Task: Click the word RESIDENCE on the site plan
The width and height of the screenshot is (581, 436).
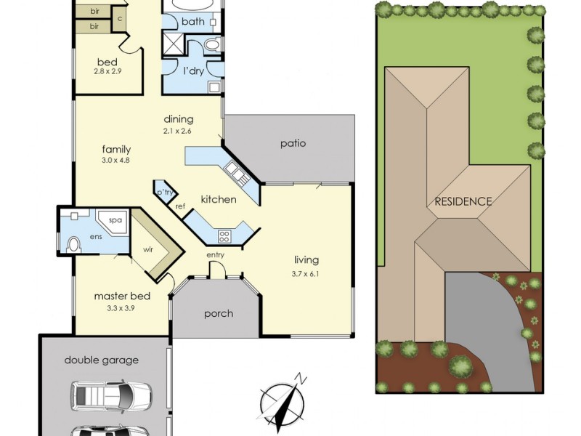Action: pyautogui.click(x=463, y=202)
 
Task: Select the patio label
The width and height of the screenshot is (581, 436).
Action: pyautogui.click(x=293, y=143)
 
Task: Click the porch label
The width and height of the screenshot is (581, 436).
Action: pyautogui.click(x=219, y=314)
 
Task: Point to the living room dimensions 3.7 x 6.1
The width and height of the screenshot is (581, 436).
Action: pyautogui.click(x=305, y=275)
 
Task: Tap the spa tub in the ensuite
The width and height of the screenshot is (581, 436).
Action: pyautogui.click(x=114, y=222)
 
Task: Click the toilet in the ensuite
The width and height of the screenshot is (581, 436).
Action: pyautogui.click(x=74, y=245)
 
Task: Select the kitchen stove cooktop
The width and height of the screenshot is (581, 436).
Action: pyautogui.click(x=224, y=236)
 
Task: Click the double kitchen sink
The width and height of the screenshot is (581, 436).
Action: pyautogui.click(x=235, y=174)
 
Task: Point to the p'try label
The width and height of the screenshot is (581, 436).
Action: pyautogui.click(x=165, y=193)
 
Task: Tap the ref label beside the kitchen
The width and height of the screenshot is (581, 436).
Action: pyautogui.click(x=180, y=206)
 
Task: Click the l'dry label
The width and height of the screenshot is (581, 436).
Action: pyautogui.click(x=193, y=70)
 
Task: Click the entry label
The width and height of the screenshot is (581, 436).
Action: pyautogui.click(x=215, y=255)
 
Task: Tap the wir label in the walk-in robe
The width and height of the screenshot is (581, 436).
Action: pyautogui.click(x=148, y=249)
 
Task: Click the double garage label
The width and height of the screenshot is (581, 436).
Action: pyautogui.click(x=102, y=360)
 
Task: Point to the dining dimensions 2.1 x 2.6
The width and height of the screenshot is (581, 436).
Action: pyautogui.click(x=176, y=131)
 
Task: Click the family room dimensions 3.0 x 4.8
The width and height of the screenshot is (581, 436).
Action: pyautogui.click(x=115, y=161)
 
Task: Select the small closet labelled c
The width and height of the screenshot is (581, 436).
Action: pyautogui.click(x=120, y=19)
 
